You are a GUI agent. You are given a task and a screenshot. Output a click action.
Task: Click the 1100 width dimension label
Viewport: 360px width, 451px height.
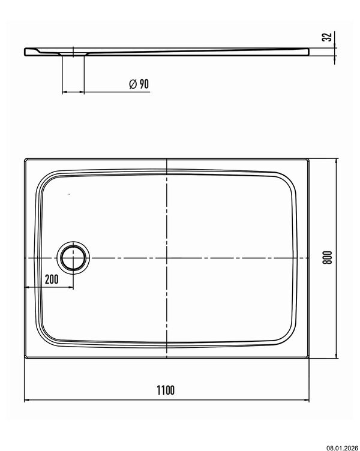click(166, 390)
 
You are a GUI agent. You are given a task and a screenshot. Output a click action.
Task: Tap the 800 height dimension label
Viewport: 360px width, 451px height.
click(327, 258)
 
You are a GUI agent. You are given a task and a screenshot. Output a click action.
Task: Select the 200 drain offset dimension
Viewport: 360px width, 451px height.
click(52, 279)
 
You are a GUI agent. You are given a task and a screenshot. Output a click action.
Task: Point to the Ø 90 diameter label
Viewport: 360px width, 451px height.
click(139, 84)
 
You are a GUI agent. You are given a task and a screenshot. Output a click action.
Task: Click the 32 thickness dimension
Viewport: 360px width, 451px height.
click(327, 37)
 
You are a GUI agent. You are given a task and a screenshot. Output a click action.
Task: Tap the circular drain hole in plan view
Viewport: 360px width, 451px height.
click(73, 256)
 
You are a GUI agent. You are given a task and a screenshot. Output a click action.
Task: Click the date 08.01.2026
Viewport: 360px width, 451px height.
click(342, 448)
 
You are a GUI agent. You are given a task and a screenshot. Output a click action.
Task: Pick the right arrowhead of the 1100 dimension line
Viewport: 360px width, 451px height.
click(306, 400)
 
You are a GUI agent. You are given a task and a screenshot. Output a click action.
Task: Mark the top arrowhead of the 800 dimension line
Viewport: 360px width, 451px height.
click(336, 161)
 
